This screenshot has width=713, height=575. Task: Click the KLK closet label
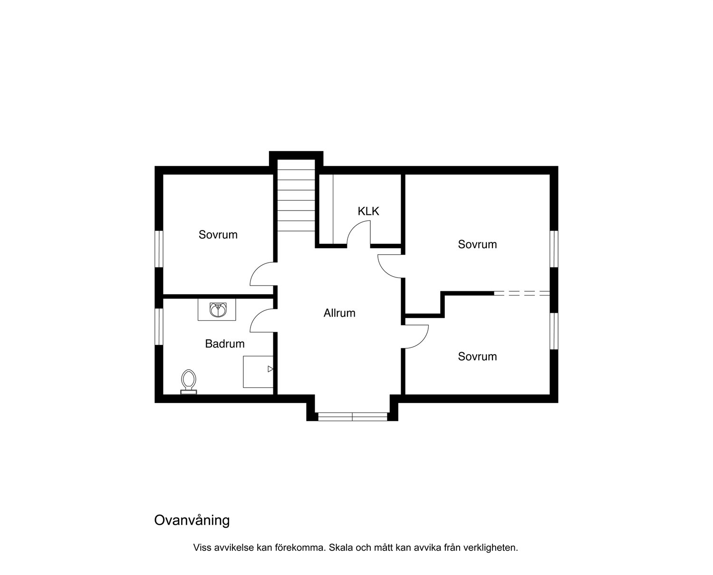(x=368, y=211)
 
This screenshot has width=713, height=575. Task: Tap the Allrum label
(x=339, y=313)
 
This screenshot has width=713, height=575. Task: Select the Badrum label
(x=225, y=344)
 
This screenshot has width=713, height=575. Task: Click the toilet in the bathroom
(x=189, y=382)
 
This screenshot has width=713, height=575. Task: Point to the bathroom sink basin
(x=218, y=310)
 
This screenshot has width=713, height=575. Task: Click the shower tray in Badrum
(x=258, y=372)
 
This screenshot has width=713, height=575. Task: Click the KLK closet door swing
(x=358, y=234)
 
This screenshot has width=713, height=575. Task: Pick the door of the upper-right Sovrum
(x=391, y=266)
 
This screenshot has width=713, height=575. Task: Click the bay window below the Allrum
(x=353, y=416)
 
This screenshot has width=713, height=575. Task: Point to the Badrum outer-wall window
(x=159, y=326)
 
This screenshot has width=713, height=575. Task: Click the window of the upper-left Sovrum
(x=159, y=249)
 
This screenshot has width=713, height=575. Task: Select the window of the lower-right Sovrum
(x=554, y=331)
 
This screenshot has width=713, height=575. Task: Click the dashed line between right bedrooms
(x=522, y=293)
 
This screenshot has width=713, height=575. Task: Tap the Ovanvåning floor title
(x=192, y=520)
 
